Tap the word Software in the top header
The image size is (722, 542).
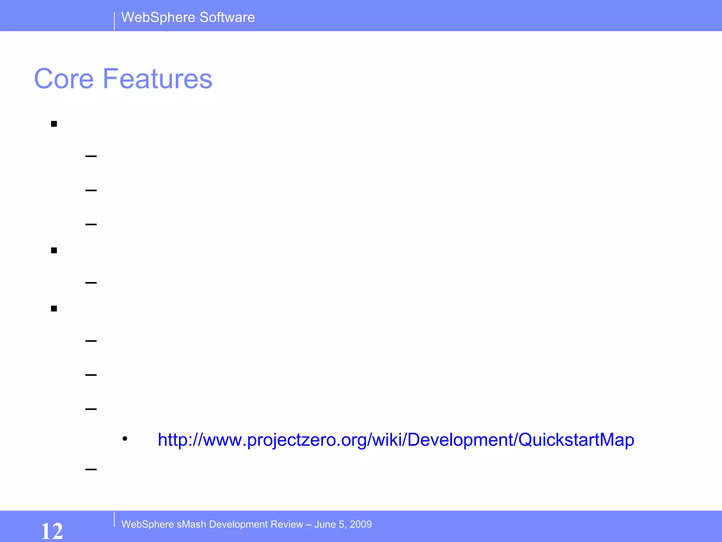(x=227, y=17)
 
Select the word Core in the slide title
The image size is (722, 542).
(x=64, y=79)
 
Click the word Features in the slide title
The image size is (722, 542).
(x=157, y=79)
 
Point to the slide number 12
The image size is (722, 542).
(x=52, y=531)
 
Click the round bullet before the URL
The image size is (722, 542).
(x=125, y=439)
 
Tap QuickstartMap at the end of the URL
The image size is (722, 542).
(x=576, y=440)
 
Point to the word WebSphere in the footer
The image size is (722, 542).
(x=148, y=524)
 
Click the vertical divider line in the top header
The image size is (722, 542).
(x=114, y=21)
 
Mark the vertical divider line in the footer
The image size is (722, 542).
(x=114, y=519)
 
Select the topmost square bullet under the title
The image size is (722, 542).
(x=54, y=124)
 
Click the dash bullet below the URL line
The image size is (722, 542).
(x=91, y=469)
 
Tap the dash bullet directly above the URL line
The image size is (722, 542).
(x=91, y=409)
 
